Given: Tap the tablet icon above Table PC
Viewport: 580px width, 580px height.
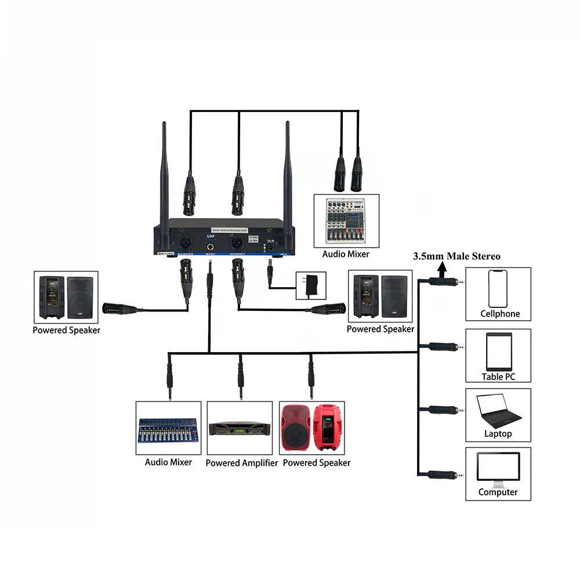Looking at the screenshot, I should coord(498,351).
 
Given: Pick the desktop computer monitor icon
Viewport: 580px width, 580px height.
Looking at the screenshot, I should coord(498,469).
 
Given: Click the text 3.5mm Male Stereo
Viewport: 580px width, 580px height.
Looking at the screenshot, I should coord(456,256).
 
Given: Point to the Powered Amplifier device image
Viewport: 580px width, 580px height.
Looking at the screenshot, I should coord(241,429).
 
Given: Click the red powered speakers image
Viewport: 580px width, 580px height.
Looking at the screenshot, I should coord(312,427).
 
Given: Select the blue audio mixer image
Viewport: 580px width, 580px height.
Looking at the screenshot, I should coord(169,429).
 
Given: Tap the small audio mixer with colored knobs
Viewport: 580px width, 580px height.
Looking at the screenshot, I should coord(346,220).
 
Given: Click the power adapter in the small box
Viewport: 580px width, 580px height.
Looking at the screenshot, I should coord(311,285).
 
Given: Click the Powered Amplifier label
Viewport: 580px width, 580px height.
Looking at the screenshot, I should coord(242,463).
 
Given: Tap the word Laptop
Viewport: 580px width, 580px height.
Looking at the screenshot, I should coord(498,434).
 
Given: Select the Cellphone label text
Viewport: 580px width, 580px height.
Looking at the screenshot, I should coord(500,314).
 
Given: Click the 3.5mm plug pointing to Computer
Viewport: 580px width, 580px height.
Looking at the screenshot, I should coord(445,474).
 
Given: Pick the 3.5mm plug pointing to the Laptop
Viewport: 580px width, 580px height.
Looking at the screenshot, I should coord(445,409).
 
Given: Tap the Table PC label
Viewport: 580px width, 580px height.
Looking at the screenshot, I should coord(498,377).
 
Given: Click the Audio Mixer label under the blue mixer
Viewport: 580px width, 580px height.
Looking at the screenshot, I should coord(168,462).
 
